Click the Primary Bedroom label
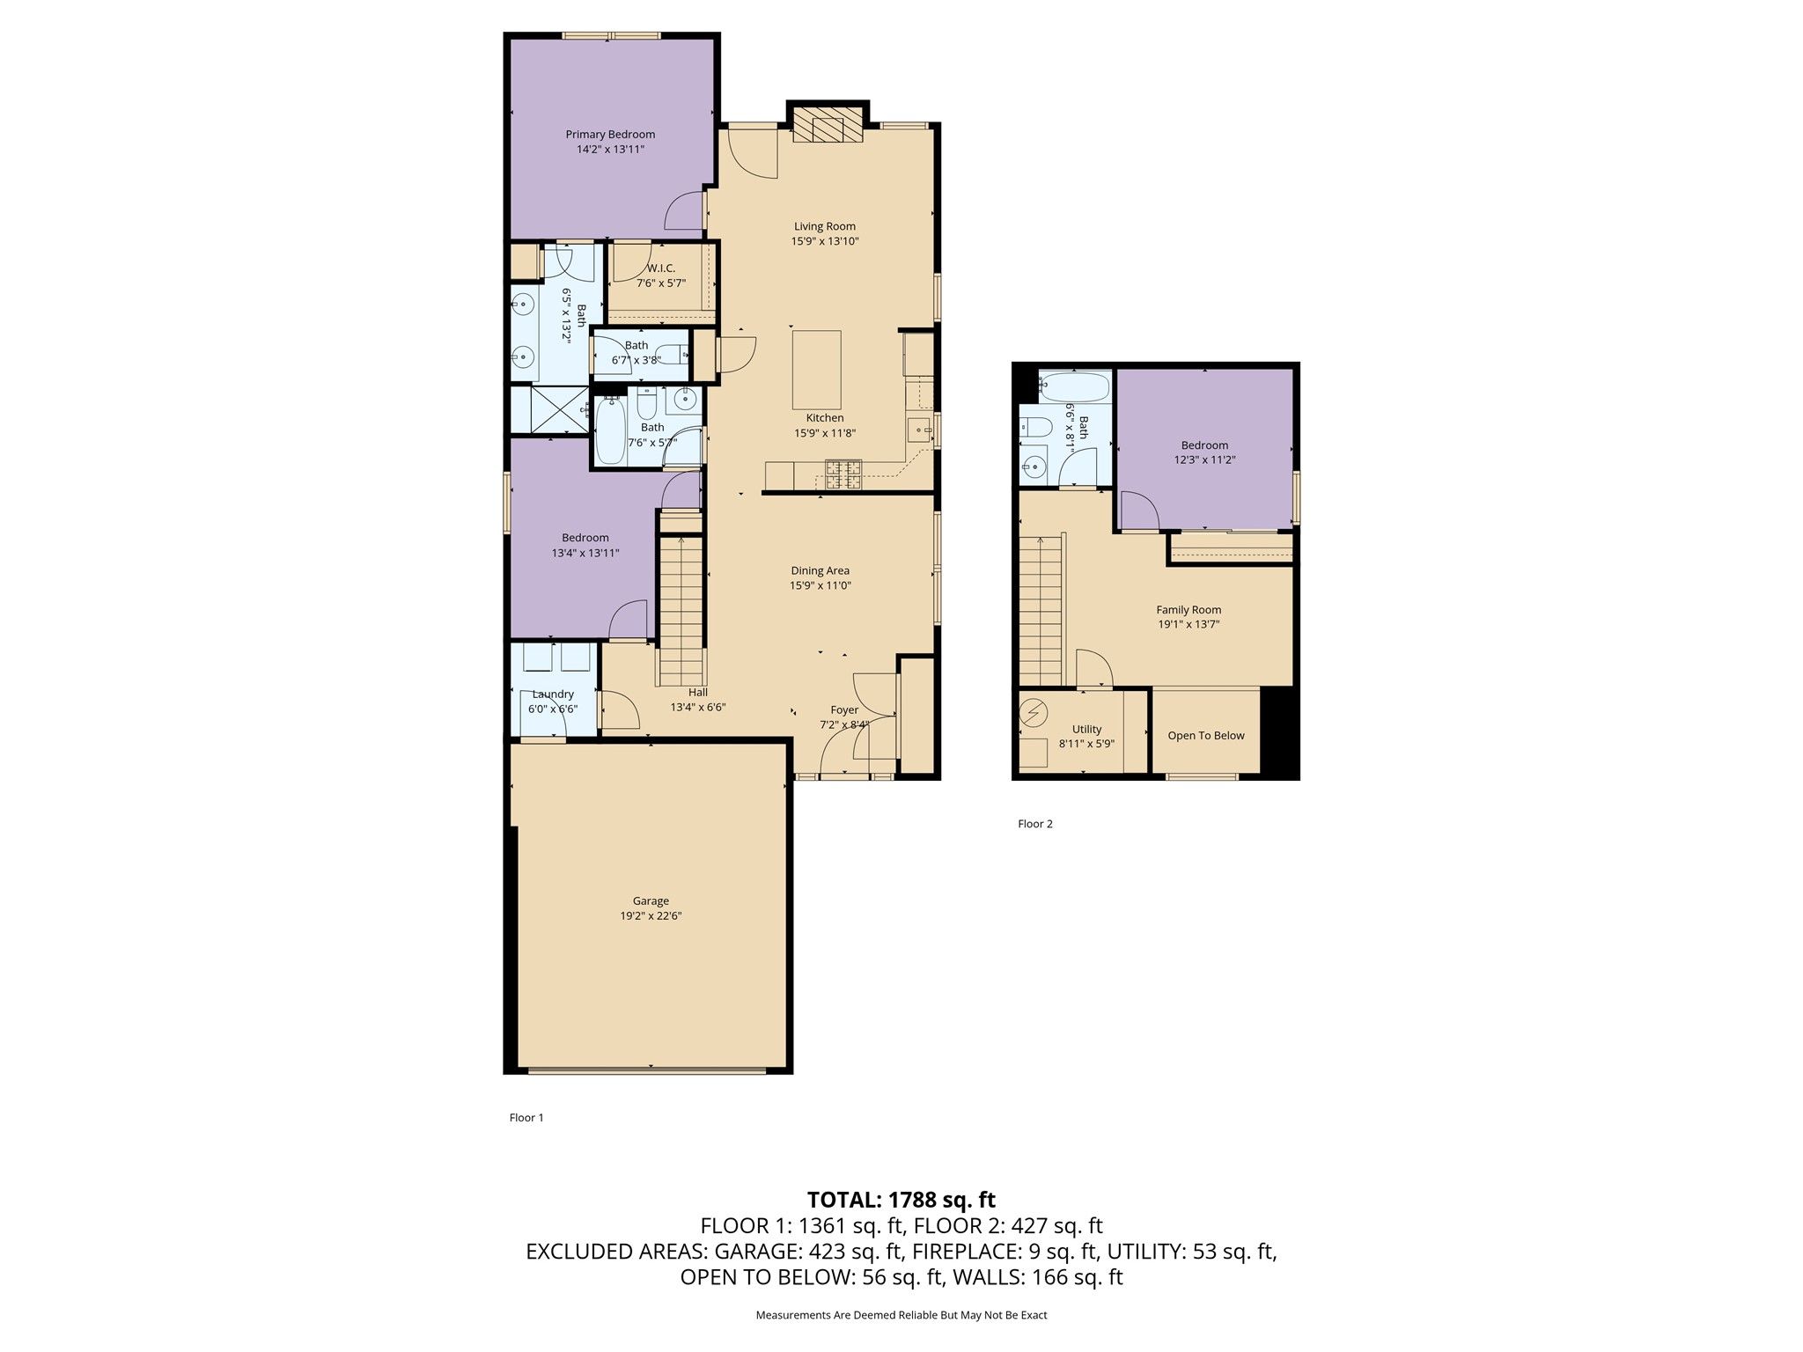click(610, 135)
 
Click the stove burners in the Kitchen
click(843, 474)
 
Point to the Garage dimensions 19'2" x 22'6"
click(651, 915)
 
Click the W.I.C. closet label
click(661, 268)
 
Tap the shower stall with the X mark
click(550, 409)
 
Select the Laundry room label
click(553, 694)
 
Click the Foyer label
click(844, 709)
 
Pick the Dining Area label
click(820, 570)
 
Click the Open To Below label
click(1206, 736)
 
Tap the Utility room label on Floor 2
click(1087, 729)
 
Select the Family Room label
click(1189, 609)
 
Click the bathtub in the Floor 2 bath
click(1074, 385)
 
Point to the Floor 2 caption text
click(1035, 824)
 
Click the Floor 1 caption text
click(526, 1118)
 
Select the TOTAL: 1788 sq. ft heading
click(901, 1199)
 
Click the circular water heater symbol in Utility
click(1034, 712)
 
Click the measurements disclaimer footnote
click(901, 1315)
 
